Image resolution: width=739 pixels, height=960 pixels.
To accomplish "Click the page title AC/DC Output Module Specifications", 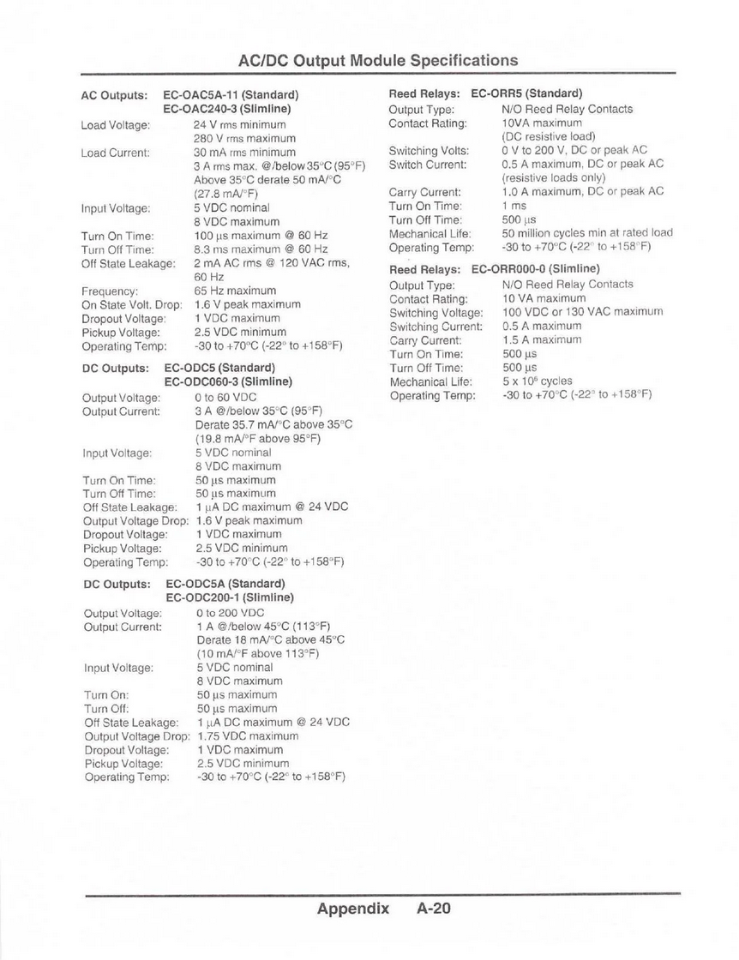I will (377, 60).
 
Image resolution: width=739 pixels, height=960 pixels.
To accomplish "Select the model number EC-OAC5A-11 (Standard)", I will (231, 95).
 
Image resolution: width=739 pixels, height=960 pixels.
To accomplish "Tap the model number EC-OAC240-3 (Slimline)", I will (227, 109).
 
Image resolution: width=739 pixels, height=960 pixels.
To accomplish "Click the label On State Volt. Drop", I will (131, 304).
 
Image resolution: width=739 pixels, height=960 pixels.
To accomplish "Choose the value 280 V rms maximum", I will (239, 138).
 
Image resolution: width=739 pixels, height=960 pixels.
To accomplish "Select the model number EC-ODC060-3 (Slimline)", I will (228, 381).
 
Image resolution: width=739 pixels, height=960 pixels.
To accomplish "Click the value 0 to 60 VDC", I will (226, 398).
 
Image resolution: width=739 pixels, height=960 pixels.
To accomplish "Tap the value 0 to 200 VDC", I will (230, 613).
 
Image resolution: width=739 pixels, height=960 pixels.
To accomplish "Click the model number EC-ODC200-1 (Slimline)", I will (230, 597).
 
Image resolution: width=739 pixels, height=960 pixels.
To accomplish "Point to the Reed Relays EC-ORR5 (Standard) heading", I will (485, 93).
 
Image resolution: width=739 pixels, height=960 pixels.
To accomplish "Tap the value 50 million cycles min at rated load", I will (587, 232).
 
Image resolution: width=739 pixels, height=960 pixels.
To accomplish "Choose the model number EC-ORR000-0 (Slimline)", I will (535, 268).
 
